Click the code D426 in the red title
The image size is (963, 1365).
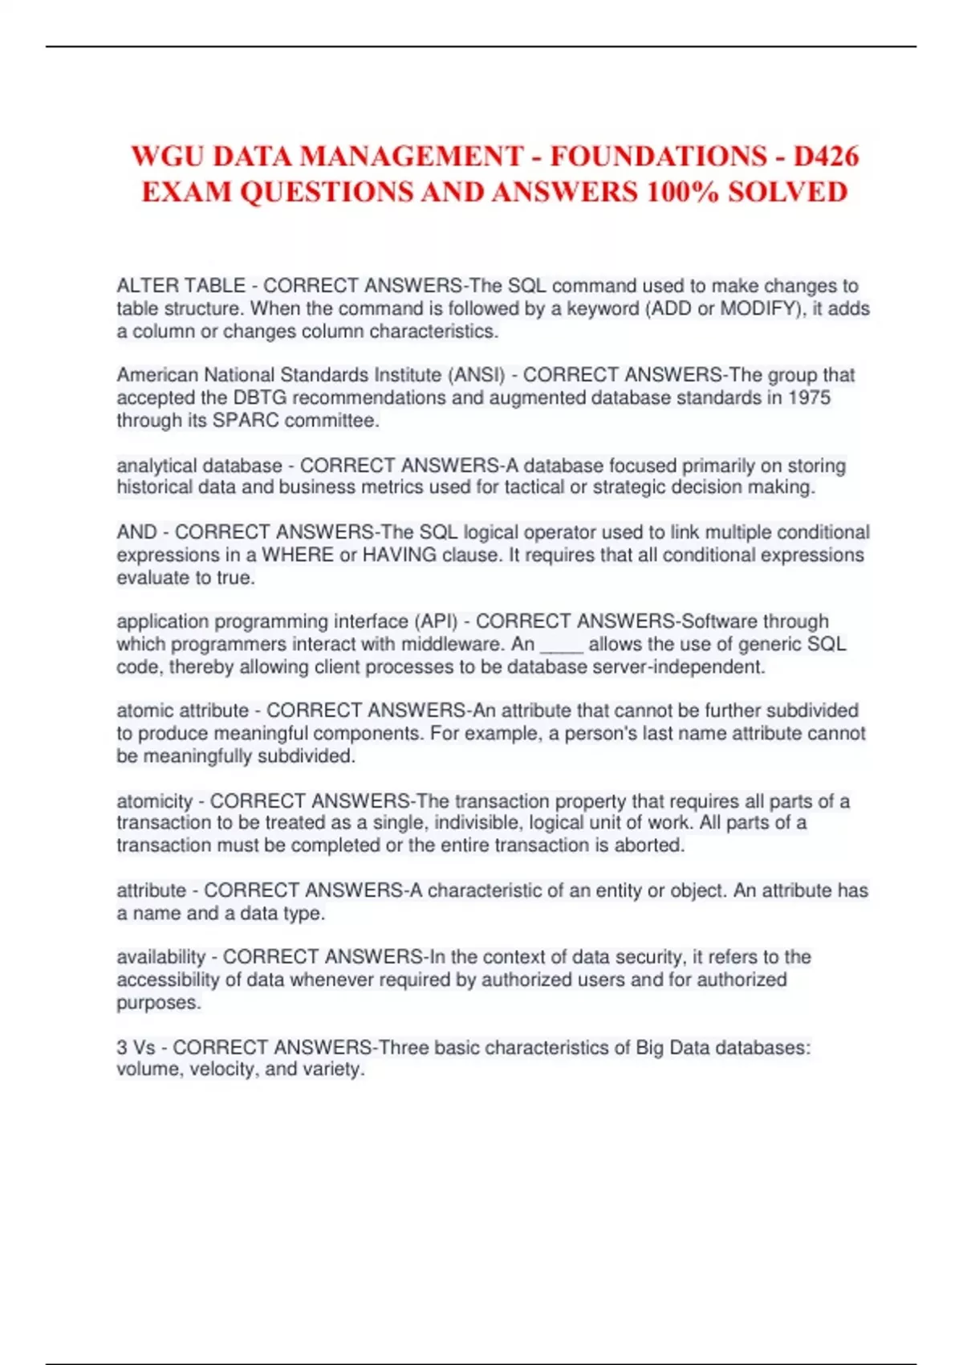click(x=826, y=156)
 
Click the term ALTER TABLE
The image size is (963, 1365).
click(x=181, y=286)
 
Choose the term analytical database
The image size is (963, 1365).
click(x=199, y=466)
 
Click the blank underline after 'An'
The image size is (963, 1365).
click(x=561, y=645)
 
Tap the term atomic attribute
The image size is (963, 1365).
click(x=182, y=711)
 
